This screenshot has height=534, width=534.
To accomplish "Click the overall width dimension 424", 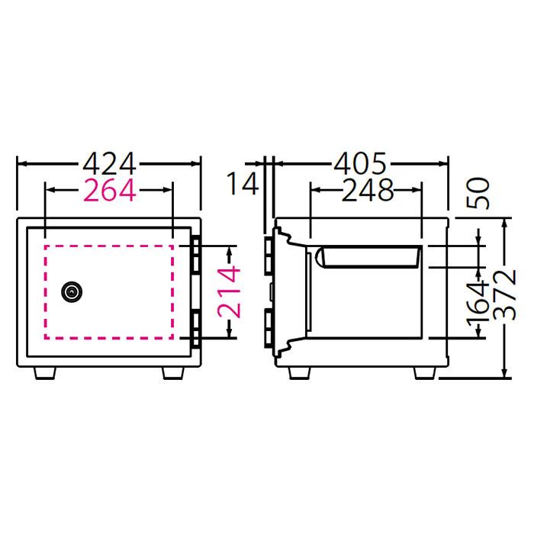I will pyautogui.click(x=109, y=163).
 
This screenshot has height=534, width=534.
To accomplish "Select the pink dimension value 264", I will pyautogui.click(x=109, y=191).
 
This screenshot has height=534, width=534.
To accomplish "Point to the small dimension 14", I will pyautogui.click(x=242, y=185).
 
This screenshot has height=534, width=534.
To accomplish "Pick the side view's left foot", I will pyautogui.click(x=299, y=372).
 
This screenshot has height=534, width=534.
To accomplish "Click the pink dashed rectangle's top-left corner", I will pyautogui.click(x=45, y=246).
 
